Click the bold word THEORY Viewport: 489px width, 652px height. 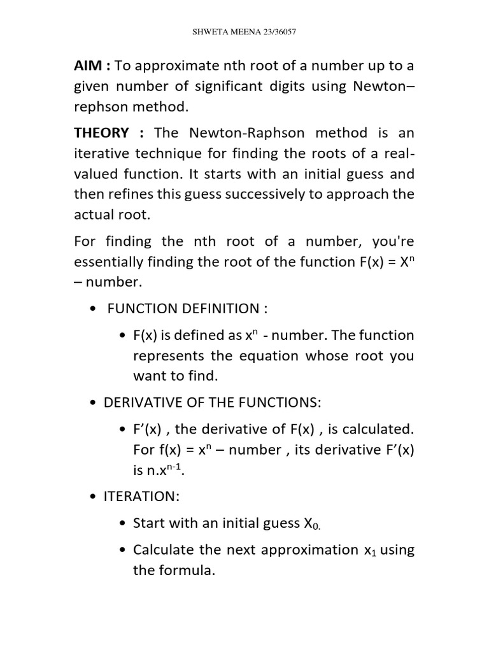click(x=102, y=133)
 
